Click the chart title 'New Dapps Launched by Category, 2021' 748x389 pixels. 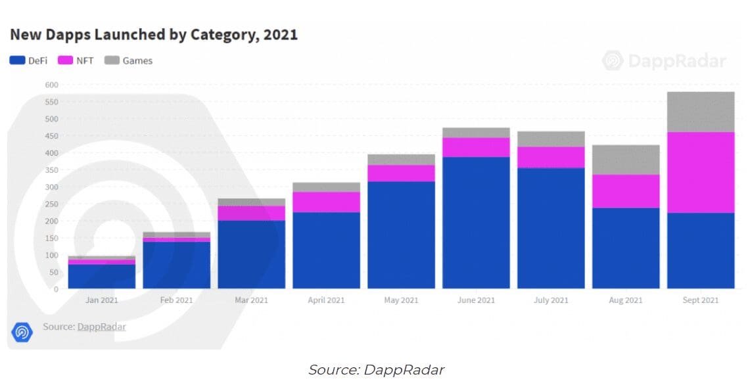click(x=153, y=35)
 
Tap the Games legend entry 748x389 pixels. click(x=129, y=60)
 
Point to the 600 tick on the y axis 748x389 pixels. click(x=51, y=85)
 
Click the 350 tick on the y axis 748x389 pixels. click(x=51, y=170)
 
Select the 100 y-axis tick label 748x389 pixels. click(x=51, y=255)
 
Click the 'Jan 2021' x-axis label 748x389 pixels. click(x=102, y=300)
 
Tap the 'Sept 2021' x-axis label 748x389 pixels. click(x=700, y=300)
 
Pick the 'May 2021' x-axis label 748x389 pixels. click(x=401, y=300)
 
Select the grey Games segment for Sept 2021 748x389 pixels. click(x=700, y=112)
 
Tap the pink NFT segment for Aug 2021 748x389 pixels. click(x=625, y=191)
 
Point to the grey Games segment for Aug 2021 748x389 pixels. click(x=625, y=160)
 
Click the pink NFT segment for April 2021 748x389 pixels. click(x=326, y=202)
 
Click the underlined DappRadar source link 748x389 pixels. click(x=101, y=327)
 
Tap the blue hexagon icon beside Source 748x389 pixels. click(x=22, y=332)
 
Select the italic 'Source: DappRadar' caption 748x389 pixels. click(x=376, y=370)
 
